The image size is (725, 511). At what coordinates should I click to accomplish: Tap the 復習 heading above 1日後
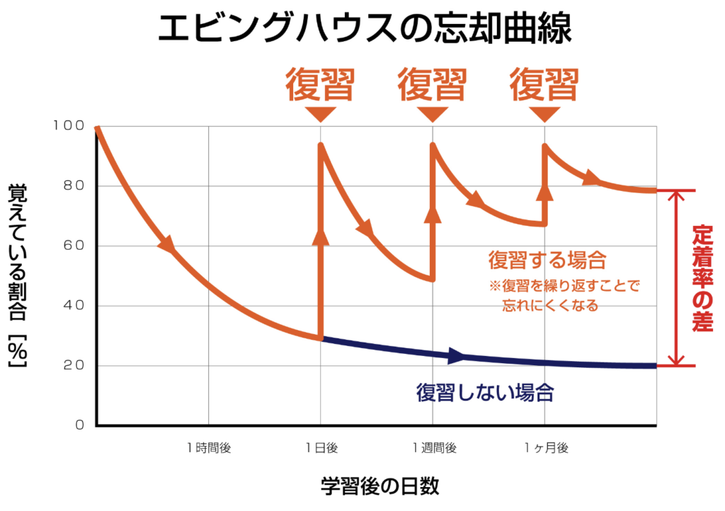click(320, 85)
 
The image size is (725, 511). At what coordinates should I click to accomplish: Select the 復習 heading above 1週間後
click(432, 85)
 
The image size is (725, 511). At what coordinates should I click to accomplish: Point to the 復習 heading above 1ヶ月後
click(544, 85)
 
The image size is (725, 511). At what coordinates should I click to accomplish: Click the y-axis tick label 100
click(68, 126)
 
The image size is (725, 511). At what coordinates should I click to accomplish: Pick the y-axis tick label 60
click(74, 246)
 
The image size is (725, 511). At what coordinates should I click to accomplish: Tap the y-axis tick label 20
click(74, 366)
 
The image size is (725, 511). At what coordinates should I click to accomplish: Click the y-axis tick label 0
click(79, 425)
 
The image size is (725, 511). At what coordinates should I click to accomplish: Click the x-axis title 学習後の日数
click(380, 486)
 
